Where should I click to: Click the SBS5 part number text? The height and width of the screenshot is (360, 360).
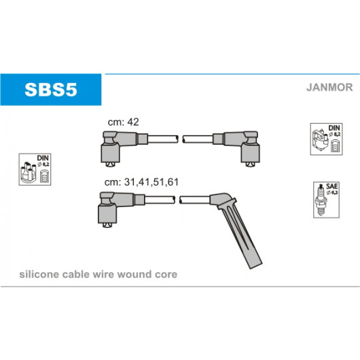51,90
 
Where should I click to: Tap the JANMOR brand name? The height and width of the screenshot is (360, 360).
329,87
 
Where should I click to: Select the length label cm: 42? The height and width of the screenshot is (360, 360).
124,122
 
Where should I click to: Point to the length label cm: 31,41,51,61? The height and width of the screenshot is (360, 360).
141,182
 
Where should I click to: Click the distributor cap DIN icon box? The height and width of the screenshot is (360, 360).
35,169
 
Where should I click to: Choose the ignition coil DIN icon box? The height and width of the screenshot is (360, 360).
326,139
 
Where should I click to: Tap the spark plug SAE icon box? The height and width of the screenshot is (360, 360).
326,200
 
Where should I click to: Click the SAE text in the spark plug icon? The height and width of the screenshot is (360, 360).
332,186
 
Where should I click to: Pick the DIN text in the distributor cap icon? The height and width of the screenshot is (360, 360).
43,158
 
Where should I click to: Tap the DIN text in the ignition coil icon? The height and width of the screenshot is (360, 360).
334,128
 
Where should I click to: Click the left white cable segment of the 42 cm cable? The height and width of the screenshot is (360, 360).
163,139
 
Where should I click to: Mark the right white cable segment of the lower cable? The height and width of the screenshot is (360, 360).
195,200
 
